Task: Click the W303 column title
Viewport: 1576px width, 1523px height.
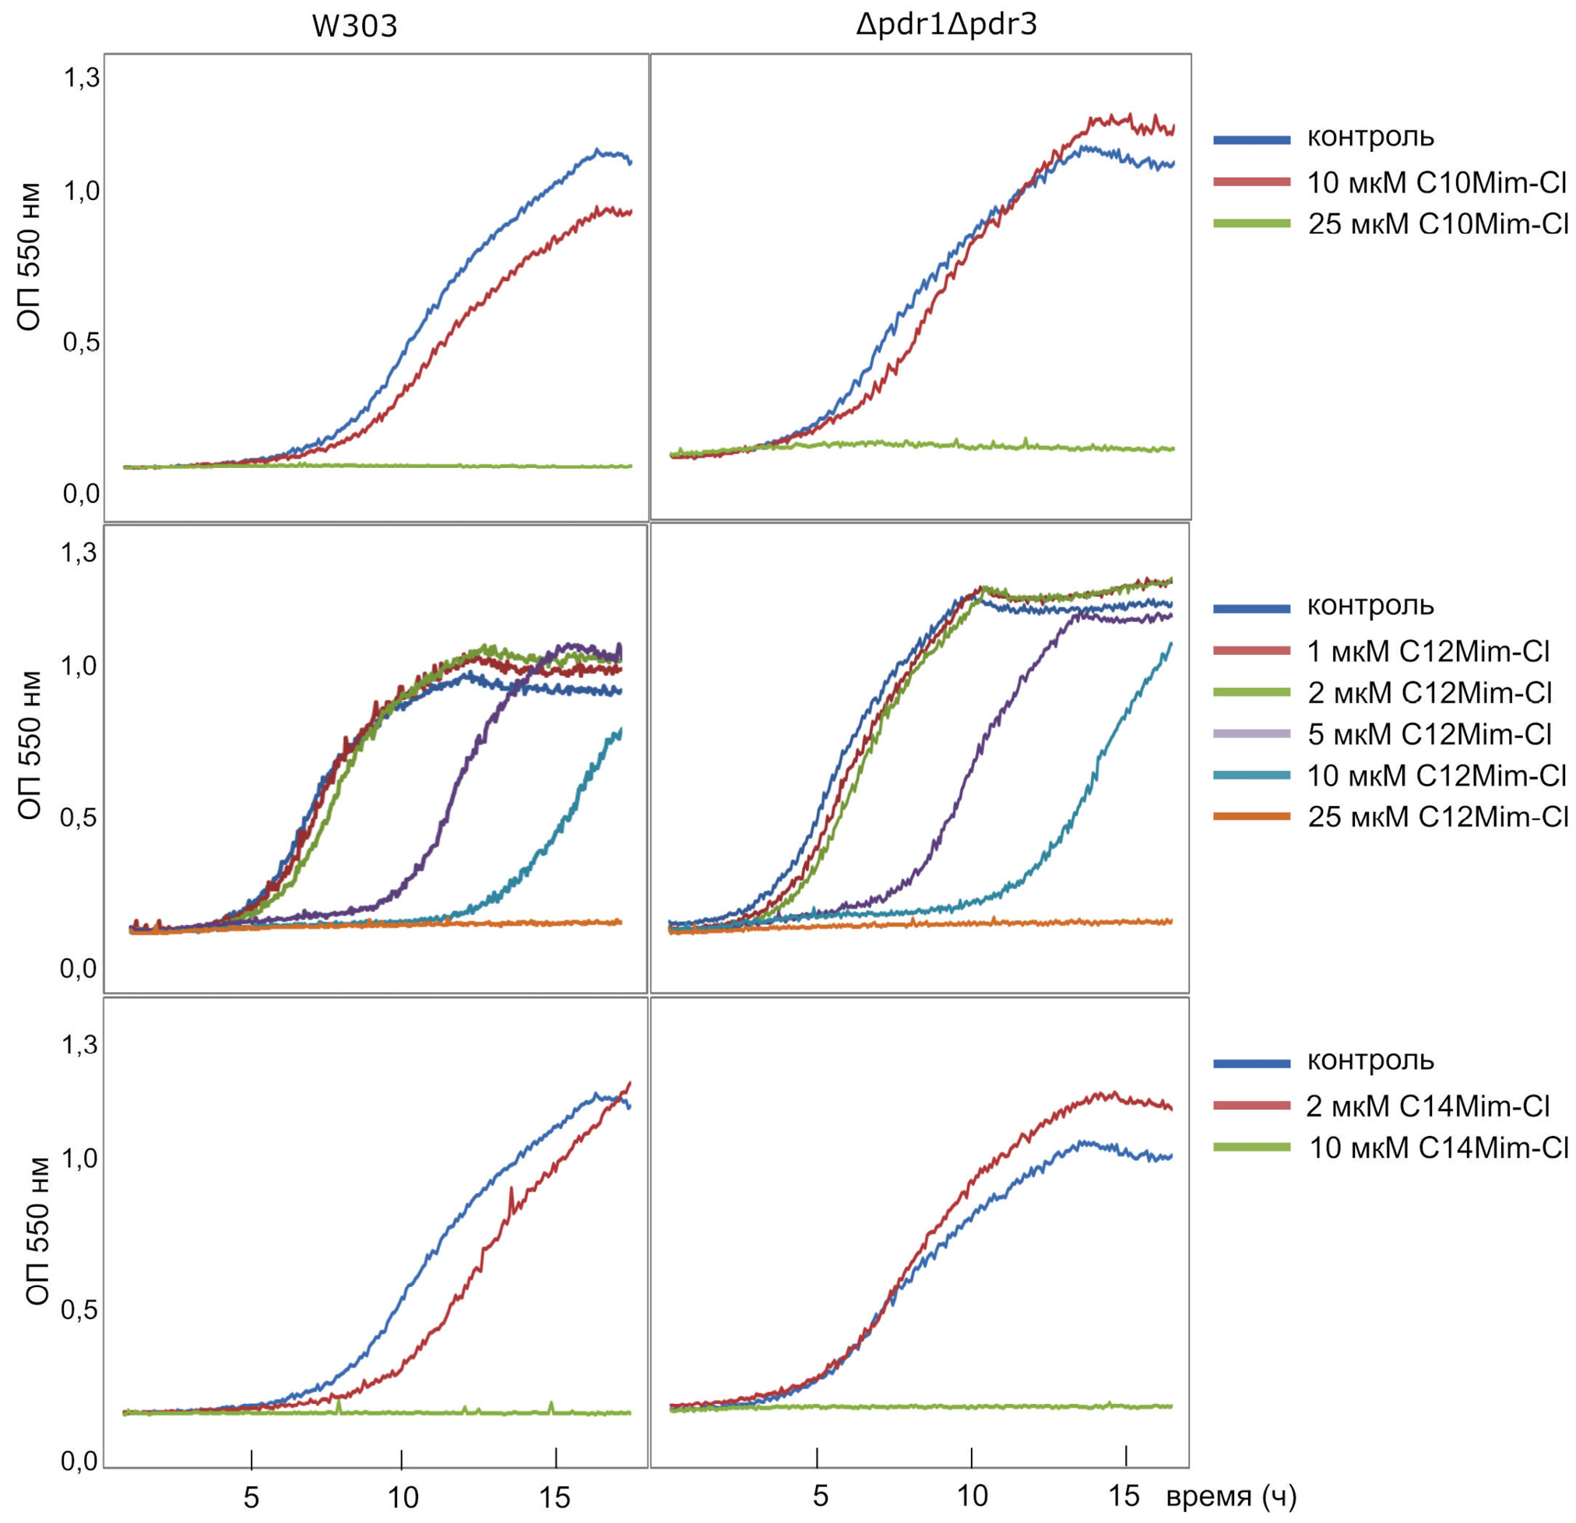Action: (x=354, y=26)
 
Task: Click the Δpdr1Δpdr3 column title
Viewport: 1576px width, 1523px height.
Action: (x=946, y=25)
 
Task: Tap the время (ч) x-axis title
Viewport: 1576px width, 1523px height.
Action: (x=1231, y=1497)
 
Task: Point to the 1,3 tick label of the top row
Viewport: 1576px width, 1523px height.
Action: (x=82, y=78)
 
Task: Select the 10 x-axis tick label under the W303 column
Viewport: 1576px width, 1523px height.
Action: (x=403, y=1497)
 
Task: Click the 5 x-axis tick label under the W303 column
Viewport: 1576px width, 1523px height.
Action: (x=252, y=1497)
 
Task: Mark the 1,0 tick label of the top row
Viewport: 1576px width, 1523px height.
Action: (x=82, y=192)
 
